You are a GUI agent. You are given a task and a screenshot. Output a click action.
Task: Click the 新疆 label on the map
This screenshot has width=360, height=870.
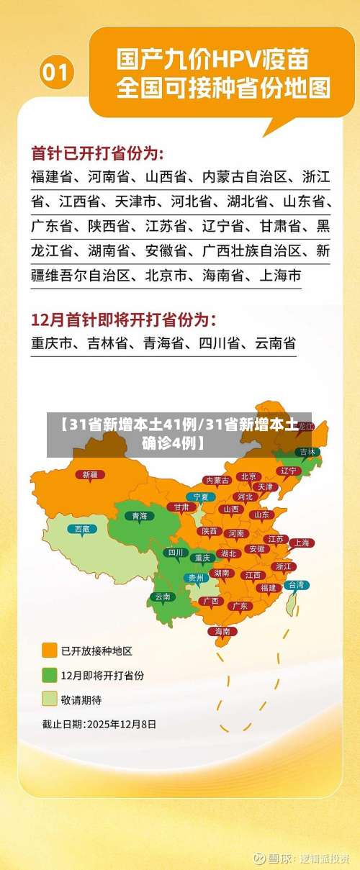coord(90,475)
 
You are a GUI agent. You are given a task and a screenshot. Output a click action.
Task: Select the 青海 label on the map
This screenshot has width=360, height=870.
coord(140,516)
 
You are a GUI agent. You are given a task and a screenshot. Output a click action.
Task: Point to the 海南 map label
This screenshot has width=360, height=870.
coord(222,631)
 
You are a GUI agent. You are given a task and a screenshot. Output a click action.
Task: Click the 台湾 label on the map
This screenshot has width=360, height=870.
coord(296,585)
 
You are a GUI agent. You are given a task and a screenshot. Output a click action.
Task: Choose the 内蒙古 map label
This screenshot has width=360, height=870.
coord(217,480)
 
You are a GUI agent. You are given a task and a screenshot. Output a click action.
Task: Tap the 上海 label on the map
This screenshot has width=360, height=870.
coord(301,543)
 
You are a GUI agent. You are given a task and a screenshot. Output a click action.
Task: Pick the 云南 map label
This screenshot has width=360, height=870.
coord(163,597)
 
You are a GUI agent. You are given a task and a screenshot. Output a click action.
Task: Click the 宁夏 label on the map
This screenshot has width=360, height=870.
coord(201,497)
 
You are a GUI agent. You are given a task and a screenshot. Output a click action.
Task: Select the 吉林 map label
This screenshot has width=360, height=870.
coord(307,452)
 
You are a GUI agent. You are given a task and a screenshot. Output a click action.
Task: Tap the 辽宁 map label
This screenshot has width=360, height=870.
coord(289,471)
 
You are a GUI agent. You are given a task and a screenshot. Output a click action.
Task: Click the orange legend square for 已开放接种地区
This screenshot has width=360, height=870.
coord(50,651)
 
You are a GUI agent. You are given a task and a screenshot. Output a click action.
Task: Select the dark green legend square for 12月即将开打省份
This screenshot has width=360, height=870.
coord(50,675)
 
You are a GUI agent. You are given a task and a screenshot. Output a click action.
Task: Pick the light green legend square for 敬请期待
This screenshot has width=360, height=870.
coord(50,699)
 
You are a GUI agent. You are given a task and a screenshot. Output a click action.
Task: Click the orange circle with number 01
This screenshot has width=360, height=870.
coord(56,72)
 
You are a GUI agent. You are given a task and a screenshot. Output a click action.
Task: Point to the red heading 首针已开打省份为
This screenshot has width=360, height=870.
coord(97,154)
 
